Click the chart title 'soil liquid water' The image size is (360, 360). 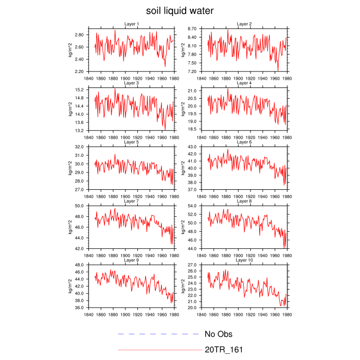(x=179, y=11)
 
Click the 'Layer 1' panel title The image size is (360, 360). (x=131, y=24)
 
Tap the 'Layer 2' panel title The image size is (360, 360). (x=244, y=24)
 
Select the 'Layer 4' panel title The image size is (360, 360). (x=244, y=83)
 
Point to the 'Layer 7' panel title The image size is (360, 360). (x=131, y=201)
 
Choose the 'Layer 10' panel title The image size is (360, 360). (x=244, y=260)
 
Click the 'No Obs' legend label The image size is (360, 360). (x=219, y=334)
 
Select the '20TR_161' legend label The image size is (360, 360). (x=224, y=350)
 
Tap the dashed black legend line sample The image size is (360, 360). (x=158, y=334)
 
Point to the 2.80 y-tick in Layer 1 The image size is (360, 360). (x=79, y=35)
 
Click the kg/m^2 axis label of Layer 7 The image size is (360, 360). (x=69, y=227)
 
